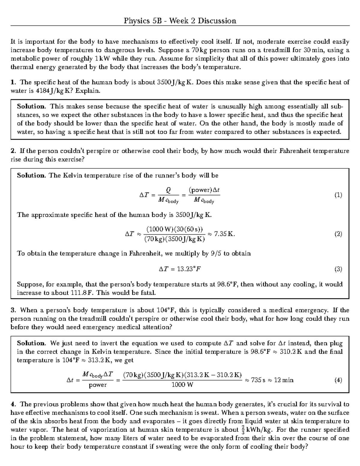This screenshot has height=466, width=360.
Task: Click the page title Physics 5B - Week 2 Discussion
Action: [180, 21]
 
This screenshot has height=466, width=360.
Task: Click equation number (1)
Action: [338, 195]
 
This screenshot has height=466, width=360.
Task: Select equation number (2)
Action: [338, 234]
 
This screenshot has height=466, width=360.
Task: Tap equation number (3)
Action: [338, 269]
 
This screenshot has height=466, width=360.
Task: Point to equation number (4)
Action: [338, 380]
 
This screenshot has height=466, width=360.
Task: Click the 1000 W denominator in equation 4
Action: [182, 385]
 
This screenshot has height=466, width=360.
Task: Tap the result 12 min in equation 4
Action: [283, 380]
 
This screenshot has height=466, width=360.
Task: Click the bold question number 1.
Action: [13, 82]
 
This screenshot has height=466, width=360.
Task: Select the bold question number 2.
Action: [13, 151]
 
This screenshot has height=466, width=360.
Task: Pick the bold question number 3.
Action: [13, 310]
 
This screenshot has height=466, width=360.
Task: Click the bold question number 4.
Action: [13, 404]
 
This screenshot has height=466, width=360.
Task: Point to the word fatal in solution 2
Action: [147, 293]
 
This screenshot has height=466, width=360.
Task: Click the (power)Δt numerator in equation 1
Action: [204, 190]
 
